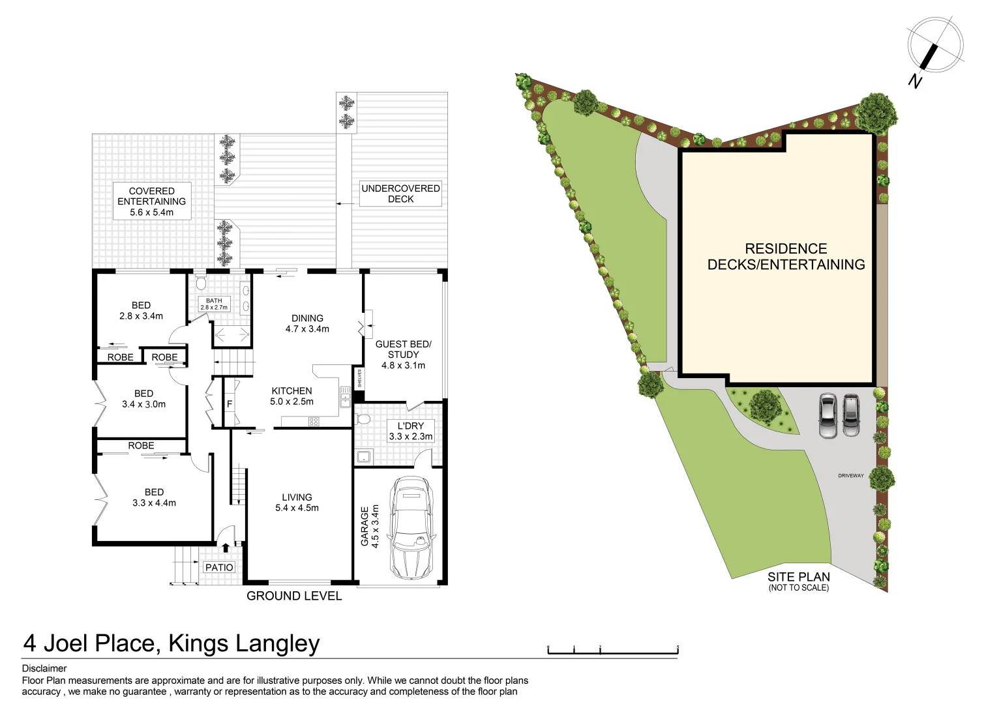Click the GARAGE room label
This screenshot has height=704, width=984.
click(x=370, y=526)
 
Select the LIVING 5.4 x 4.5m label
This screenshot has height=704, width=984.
click(x=297, y=503)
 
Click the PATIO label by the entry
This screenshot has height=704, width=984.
click(x=219, y=567)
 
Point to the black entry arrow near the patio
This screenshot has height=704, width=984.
click(x=226, y=548)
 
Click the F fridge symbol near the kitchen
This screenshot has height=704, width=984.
click(x=230, y=404)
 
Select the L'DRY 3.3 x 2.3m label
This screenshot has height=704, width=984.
click(x=410, y=431)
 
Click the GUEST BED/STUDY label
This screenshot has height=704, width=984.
click(x=403, y=355)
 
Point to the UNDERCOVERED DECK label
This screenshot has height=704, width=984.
click(x=400, y=194)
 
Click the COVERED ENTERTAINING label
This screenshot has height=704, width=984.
click(x=152, y=201)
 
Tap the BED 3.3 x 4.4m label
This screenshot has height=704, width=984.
click(x=154, y=497)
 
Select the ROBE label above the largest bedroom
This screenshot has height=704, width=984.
click(x=141, y=446)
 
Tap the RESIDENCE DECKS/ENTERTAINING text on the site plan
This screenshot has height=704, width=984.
click(x=786, y=257)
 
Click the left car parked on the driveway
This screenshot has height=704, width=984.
click(x=827, y=415)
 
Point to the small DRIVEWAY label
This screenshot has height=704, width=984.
click(x=850, y=476)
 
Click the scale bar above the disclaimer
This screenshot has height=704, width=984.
click(x=612, y=650)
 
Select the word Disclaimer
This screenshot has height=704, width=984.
click(x=44, y=668)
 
